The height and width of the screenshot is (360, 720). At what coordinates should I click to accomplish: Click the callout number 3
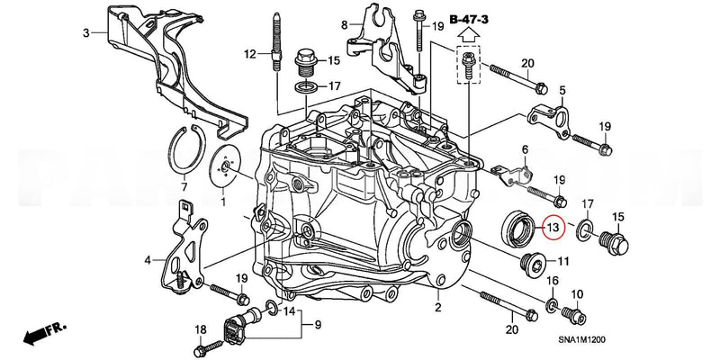point(86,33)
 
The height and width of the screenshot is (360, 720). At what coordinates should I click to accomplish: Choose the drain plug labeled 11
point(533,265)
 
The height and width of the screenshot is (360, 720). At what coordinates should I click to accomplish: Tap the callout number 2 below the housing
point(437,309)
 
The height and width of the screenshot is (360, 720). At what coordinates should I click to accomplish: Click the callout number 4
point(147,262)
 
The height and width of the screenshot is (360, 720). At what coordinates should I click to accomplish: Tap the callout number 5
point(562,91)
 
